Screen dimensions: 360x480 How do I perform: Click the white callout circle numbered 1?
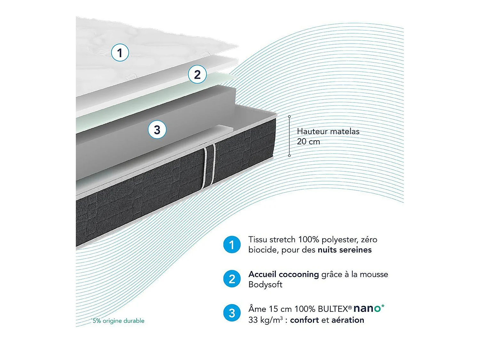(x=120, y=52)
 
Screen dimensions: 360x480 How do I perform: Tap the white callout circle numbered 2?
(x=197, y=75)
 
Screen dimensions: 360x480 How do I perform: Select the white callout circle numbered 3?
(x=157, y=130)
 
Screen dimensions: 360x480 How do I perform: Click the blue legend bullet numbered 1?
(x=232, y=245)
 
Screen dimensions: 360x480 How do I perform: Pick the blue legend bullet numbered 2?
(x=232, y=279)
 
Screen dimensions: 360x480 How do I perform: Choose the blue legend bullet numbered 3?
(x=232, y=313)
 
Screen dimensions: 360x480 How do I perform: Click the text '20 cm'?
(x=308, y=141)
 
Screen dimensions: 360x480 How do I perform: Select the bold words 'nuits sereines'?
(x=344, y=250)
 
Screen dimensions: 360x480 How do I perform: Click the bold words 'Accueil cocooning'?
(x=284, y=274)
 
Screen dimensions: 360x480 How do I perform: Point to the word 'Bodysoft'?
(x=265, y=284)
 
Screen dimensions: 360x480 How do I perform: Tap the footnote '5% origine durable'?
(x=118, y=321)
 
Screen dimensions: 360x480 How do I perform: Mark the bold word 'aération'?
(x=348, y=320)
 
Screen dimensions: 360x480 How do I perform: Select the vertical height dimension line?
(x=289, y=136)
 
